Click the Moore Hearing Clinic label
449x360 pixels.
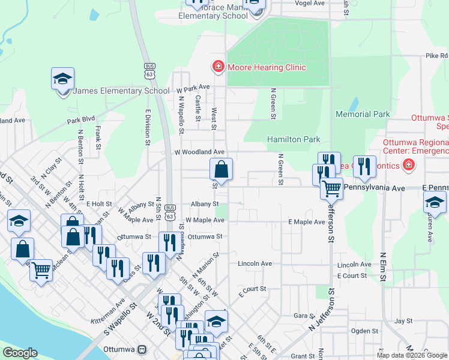pyautogui.click(x=266, y=67)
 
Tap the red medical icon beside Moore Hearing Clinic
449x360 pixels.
pyautogui.click(x=218, y=66)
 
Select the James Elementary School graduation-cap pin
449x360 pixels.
pyautogui.click(x=62, y=80)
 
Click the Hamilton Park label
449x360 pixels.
pyautogui.click(x=294, y=139)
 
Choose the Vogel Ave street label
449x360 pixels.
pyautogui.click(x=310, y=3)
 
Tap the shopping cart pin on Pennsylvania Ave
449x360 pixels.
pyautogui.click(x=331, y=188)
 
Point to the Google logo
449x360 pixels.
pyautogui.click(x=20, y=353)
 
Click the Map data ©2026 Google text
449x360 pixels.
pyautogui.click(x=412, y=355)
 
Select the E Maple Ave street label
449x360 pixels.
pyautogui.click(x=306, y=222)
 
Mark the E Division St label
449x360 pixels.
pyautogui.click(x=147, y=127)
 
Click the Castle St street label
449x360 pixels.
pyautogui.click(x=197, y=109)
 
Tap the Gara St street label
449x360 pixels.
pyautogui.click(x=304, y=316)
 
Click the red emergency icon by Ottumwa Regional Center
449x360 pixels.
pyautogui.click(x=409, y=164)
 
